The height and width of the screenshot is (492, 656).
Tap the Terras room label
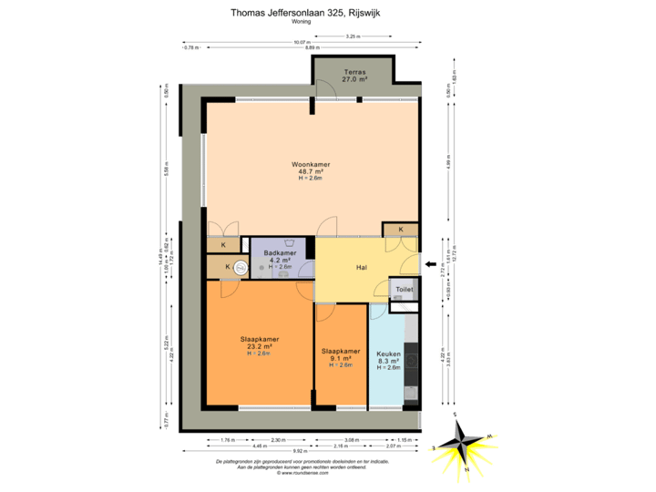[x=354, y=72]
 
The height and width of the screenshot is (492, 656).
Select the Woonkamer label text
[x=312, y=164]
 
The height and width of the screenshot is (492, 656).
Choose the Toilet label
[x=404, y=290]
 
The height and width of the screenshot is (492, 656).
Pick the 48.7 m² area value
[x=312, y=171]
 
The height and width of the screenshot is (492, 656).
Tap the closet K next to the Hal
[x=401, y=230]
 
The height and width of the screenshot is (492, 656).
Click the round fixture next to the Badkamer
[x=241, y=267]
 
